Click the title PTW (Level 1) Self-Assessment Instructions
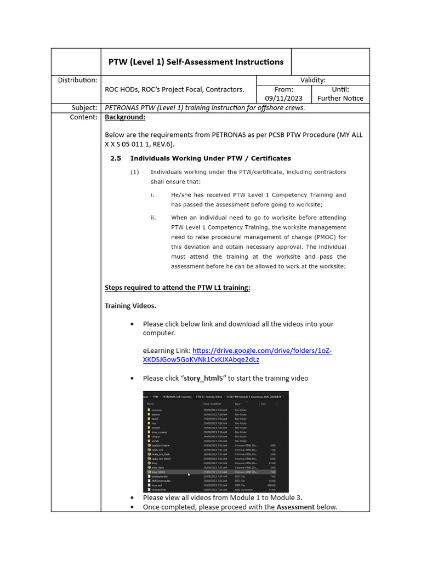[196, 62]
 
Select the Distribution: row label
[78, 80]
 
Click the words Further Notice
[340, 99]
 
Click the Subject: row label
[84, 107]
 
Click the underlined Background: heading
[125, 117]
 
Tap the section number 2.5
[115, 158]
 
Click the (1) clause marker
[135, 172]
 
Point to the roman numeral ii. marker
[153, 217]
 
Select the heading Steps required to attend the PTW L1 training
[177, 288]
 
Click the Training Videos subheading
[130, 306]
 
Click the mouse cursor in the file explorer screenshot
[189, 474]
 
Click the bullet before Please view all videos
[132, 497]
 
